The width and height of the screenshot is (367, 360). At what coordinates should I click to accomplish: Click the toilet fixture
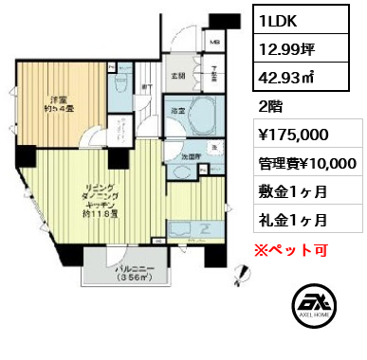point(121,83)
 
